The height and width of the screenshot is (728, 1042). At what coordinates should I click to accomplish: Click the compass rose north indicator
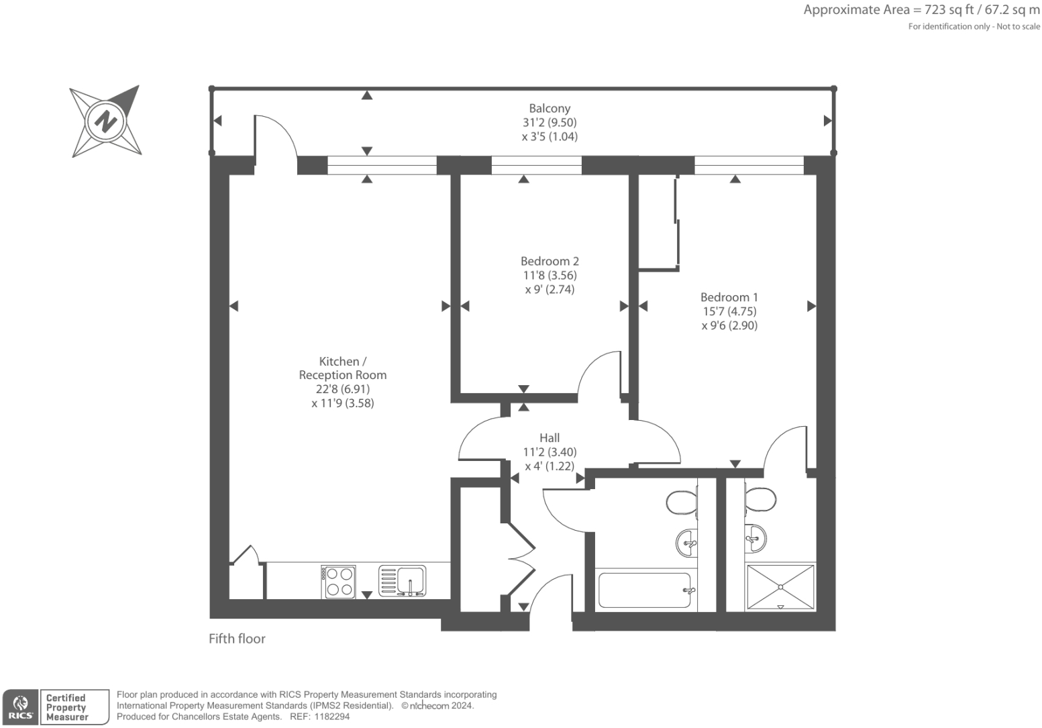point(106,121)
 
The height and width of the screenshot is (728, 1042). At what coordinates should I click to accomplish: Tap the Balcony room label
point(550,108)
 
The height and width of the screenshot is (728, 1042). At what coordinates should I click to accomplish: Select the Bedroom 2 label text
point(550,261)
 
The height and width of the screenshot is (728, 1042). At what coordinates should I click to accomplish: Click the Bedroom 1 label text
point(729,297)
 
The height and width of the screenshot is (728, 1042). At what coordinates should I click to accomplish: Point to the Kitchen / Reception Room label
point(343,368)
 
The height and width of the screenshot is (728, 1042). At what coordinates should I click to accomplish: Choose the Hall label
point(550,437)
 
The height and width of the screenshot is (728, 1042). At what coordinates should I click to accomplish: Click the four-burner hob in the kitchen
point(338,581)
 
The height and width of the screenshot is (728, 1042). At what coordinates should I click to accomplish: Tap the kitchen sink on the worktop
point(402,581)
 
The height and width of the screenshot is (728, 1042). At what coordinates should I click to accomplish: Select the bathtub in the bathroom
point(643,590)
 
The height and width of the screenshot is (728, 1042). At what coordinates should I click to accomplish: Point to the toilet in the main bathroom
point(682,502)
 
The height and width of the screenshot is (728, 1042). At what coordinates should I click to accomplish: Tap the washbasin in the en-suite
point(756,537)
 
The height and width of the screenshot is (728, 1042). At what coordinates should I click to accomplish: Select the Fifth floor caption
point(237,639)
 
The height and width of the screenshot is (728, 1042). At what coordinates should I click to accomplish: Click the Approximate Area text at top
point(921,10)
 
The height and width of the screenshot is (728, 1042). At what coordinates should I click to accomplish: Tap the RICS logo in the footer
point(21,707)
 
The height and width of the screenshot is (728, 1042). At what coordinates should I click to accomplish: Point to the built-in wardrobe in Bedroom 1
point(658,222)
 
